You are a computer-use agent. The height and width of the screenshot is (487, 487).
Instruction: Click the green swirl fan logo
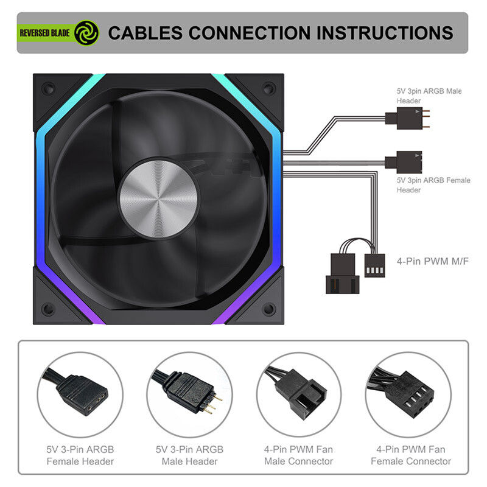86,33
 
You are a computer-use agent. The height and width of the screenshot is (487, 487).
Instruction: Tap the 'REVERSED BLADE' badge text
44,33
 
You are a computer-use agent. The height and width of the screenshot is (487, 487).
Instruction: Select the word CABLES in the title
145,33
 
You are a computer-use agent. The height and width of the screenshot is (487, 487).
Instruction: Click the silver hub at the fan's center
158,199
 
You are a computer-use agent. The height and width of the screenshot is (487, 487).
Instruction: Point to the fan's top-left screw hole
48,89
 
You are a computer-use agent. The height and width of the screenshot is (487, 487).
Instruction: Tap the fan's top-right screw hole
269,88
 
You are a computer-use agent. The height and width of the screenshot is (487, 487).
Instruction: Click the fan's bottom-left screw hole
48,309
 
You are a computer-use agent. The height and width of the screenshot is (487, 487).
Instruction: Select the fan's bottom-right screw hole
269,309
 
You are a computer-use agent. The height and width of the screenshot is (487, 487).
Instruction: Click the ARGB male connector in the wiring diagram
407,118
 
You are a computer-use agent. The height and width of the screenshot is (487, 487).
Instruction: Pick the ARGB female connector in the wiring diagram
404,162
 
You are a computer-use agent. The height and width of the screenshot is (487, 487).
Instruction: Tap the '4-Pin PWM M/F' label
433,261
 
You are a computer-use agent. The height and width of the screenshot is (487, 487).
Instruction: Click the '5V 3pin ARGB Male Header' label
429,96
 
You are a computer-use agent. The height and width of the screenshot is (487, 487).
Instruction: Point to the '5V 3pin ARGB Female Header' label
433,185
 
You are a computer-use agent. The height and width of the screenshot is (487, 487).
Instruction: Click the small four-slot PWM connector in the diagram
374,265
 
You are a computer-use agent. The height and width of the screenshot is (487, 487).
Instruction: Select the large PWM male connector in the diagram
343,273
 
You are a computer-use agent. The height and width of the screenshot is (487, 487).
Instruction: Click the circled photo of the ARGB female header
80,394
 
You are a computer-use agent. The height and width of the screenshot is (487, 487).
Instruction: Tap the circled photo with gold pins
189,394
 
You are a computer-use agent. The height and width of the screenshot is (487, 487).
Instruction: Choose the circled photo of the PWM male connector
299,394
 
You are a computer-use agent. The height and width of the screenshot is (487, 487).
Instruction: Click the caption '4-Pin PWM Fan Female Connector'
411,455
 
